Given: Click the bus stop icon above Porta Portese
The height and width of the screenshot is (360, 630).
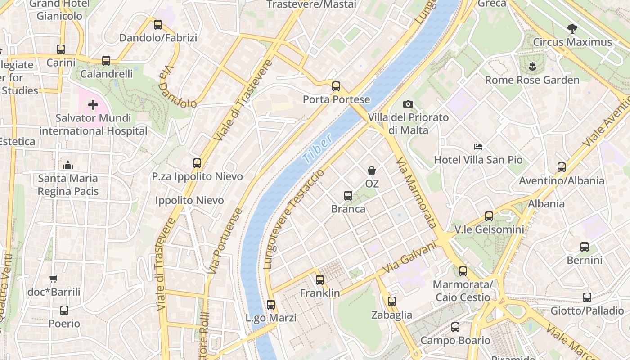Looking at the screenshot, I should point(336,86).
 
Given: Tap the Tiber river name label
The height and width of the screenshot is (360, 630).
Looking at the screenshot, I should point(318,148).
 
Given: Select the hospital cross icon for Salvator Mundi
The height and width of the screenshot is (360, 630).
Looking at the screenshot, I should point(93,105).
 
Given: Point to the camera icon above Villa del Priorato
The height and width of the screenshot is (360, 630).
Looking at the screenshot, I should point(408,104).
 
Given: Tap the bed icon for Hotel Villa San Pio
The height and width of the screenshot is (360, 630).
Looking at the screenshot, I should point(478,147).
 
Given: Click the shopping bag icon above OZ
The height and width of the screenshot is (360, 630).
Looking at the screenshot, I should point(372,171).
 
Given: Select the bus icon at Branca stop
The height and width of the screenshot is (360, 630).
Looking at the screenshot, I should point(348,196).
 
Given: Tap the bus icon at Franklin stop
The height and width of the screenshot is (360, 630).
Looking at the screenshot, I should point(320,280).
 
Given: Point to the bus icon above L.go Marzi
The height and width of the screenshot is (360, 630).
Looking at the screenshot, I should point(271,305).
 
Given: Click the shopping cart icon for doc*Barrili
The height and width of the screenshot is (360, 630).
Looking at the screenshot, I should point(54,279).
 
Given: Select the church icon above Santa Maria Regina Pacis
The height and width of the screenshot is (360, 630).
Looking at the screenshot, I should point(68,165).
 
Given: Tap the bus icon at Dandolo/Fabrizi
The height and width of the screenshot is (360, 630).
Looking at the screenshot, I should point(158,25).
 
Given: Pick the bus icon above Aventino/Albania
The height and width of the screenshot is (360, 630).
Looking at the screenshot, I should point(562,167).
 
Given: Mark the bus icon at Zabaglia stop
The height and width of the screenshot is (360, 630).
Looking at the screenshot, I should point(392,301).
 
